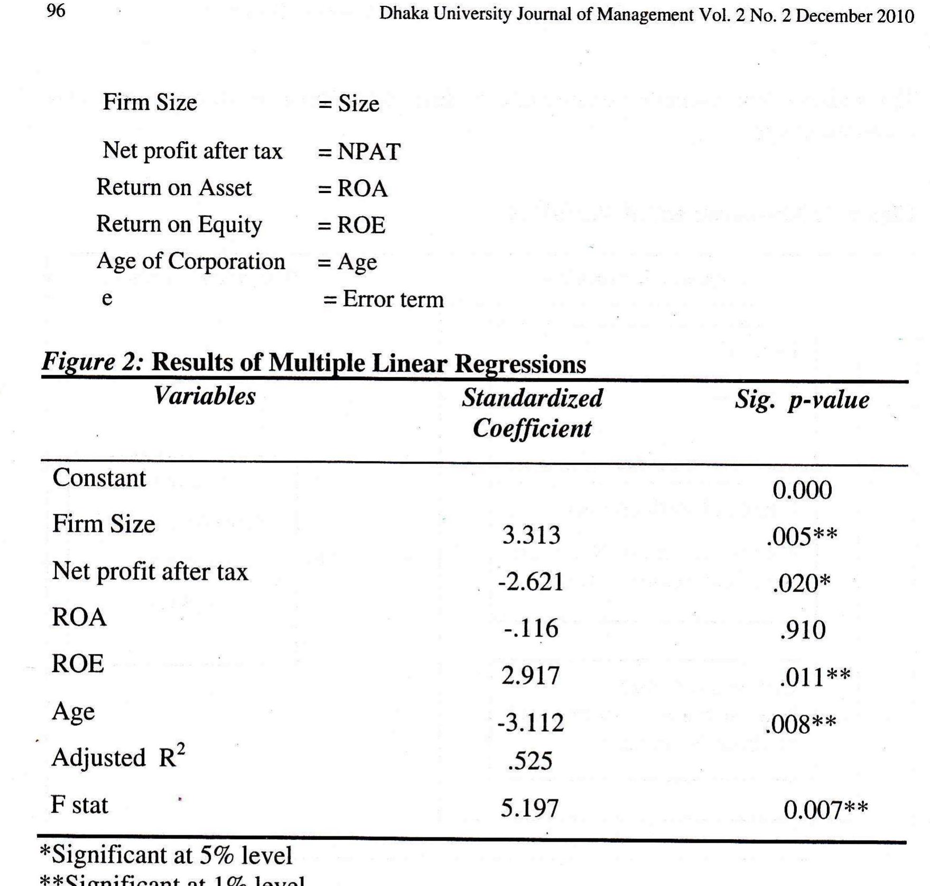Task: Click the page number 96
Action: click(56, 11)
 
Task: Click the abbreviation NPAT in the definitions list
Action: click(369, 152)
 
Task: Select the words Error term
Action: click(393, 299)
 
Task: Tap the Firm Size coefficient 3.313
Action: click(531, 535)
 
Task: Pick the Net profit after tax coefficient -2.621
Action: click(531, 582)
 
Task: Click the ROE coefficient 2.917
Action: click(531, 676)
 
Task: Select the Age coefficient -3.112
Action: click(531, 723)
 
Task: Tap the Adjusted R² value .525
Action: click(530, 761)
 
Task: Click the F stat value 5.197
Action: click(529, 808)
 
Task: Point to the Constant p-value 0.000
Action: click(802, 491)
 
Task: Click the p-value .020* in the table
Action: click(801, 584)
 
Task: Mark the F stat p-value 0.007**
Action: click(825, 810)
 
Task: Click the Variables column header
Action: click(204, 396)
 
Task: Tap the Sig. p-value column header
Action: click(802, 400)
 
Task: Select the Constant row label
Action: click(99, 478)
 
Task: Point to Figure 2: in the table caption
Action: click(92, 363)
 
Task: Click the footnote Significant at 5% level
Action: click(166, 855)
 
